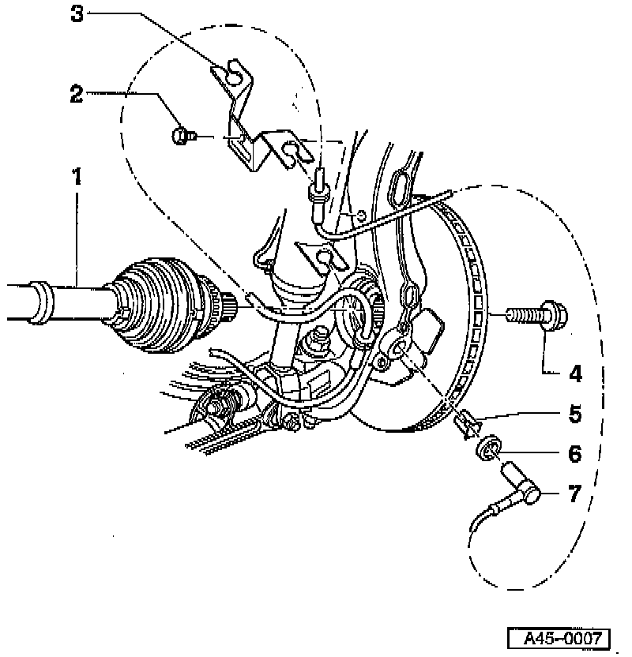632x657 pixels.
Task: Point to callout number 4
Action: click(576, 372)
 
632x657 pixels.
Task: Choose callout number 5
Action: click(576, 412)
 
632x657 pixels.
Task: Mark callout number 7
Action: click(576, 494)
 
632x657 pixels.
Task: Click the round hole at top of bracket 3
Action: click(234, 73)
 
